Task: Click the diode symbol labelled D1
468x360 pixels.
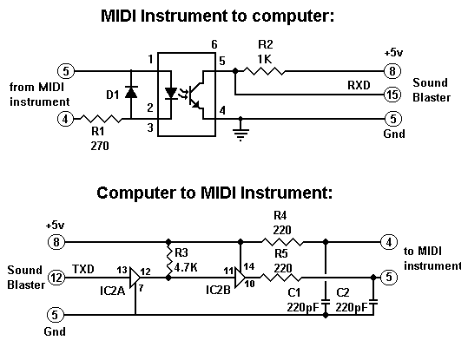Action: (x=131, y=92)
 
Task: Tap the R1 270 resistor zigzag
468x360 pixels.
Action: (x=101, y=119)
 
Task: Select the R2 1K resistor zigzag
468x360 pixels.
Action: (x=264, y=71)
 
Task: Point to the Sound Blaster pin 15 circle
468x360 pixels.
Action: (x=392, y=95)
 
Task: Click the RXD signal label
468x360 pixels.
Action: (x=359, y=85)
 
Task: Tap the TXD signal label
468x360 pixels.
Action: (x=83, y=269)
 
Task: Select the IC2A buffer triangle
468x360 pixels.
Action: (x=135, y=277)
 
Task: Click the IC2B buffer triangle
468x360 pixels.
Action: (x=240, y=278)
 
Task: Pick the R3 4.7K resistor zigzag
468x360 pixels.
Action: (x=168, y=260)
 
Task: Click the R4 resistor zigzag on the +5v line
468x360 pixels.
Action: (x=282, y=242)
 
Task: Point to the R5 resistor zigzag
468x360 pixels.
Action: (x=280, y=278)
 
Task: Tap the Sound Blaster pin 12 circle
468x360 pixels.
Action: (x=56, y=278)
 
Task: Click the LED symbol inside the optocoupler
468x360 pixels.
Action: (x=171, y=93)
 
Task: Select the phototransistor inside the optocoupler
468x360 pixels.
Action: (x=196, y=95)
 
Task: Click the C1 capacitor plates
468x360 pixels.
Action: (x=326, y=303)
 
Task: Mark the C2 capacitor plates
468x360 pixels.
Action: (x=373, y=303)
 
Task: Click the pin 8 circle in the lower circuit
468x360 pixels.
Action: (x=56, y=242)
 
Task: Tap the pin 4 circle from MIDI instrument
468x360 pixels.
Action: (x=65, y=119)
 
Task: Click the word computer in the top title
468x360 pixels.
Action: (x=292, y=16)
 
